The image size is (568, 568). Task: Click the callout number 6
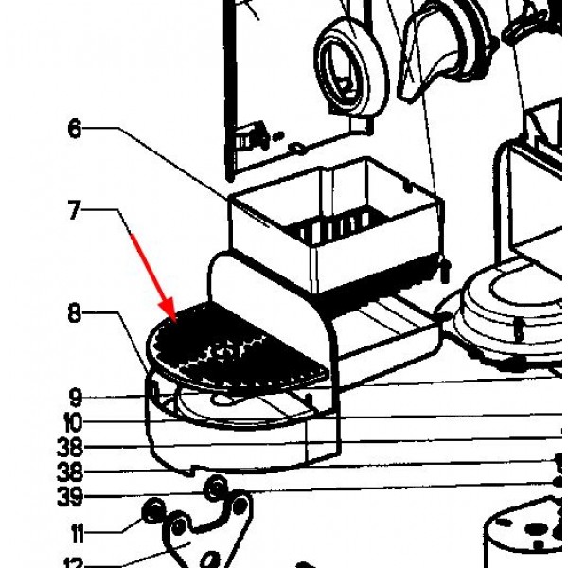(75, 129)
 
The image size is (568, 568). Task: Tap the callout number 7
(75, 209)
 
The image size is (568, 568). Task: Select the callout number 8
(75, 313)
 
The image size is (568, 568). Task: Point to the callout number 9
(75, 398)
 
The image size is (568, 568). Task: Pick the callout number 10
(74, 423)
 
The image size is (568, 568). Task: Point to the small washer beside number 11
(150, 515)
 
